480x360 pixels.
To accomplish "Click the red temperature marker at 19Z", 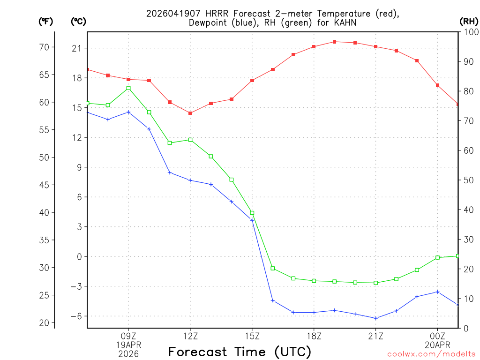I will [334, 42].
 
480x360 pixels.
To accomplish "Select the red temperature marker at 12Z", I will [190, 113].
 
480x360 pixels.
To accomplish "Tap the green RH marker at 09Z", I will [128, 88].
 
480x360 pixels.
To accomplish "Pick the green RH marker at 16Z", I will [273, 269].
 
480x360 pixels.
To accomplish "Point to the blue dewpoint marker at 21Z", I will [375, 318].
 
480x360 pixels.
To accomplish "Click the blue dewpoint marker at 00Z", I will [437, 292].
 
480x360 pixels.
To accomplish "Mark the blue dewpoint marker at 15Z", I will [252, 220].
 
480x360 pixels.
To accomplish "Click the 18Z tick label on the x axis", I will [314, 336].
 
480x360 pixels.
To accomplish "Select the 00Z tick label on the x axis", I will [437, 336].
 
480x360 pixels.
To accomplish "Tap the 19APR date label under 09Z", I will [128, 345].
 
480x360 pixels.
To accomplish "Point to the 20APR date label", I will [437, 345].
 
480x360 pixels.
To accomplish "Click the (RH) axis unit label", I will [469, 21].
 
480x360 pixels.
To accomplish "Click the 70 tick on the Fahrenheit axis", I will [45, 47].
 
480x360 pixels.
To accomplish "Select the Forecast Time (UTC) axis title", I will [240, 352].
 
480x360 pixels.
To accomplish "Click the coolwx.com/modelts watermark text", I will [431, 354].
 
